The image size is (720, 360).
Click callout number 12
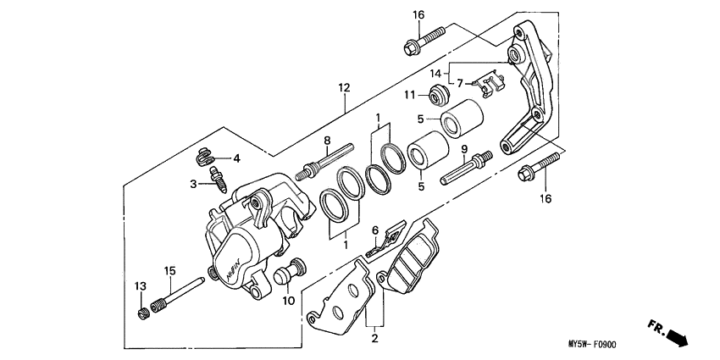tap(343, 87)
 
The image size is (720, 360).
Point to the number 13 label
tap(141, 285)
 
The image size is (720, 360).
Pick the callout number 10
tap(289, 301)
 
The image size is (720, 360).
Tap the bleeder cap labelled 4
tap(204, 156)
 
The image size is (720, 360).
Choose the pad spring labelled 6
tap(385, 239)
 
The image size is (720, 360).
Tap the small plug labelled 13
tap(144, 315)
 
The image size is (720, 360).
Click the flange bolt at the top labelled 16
tap(424, 40)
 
